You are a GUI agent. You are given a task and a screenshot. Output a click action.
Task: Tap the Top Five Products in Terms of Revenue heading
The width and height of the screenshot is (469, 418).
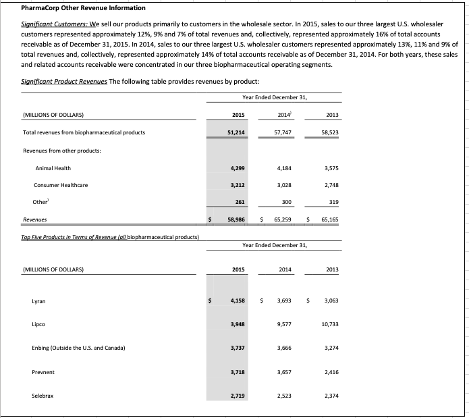point(73,237)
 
